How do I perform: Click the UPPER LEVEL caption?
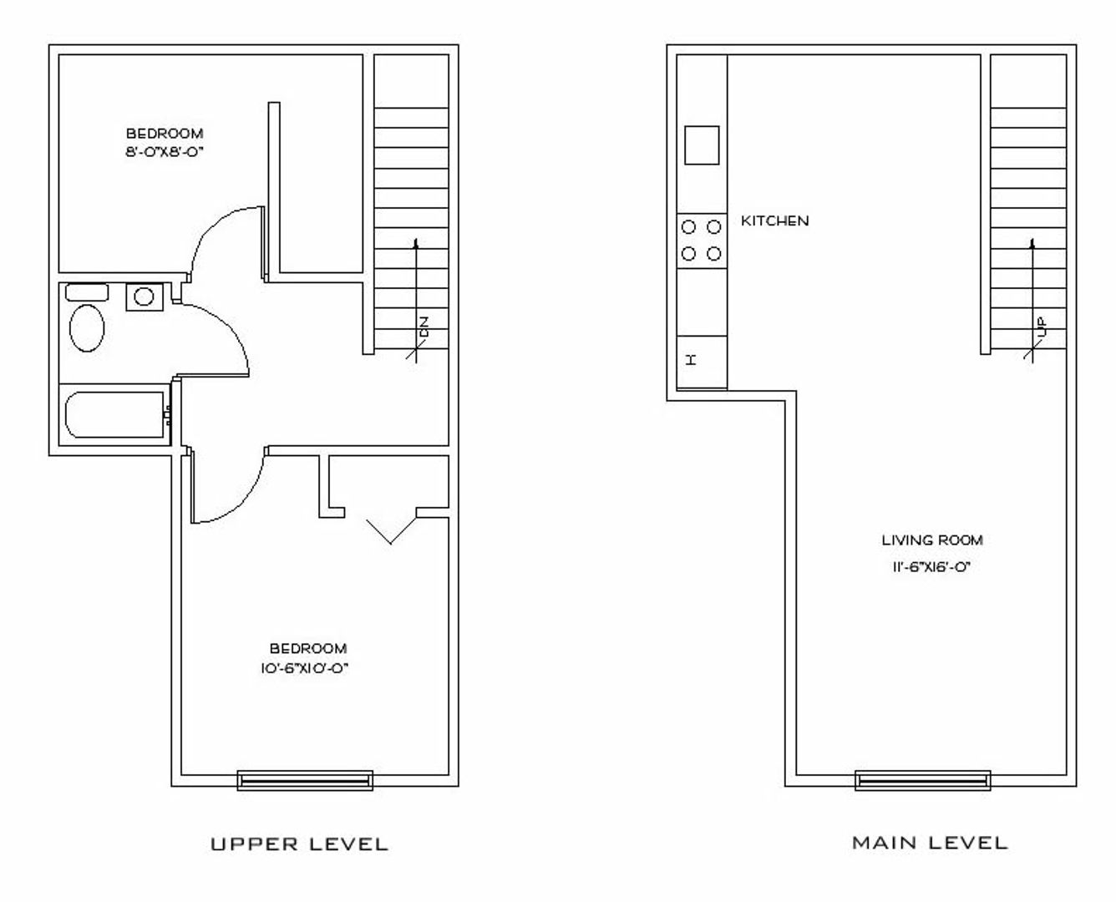pos(299,844)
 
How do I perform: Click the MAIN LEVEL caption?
pos(930,843)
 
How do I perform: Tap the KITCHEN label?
pos(774,221)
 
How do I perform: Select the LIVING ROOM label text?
pos(932,540)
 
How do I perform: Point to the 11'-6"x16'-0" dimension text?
pos(931,567)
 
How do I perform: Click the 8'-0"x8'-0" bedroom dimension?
pos(164,152)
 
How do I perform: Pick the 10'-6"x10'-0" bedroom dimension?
pos(304,668)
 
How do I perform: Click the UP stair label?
pos(1042,327)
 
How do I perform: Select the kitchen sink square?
pos(702,145)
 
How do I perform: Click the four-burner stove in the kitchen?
pos(702,241)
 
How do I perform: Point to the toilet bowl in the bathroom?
pos(87,328)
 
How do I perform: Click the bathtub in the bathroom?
pos(114,414)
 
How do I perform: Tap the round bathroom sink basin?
pos(144,296)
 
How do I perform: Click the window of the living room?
pos(923,780)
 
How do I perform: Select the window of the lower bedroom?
pos(305,780)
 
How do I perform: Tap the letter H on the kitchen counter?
pos(692,359)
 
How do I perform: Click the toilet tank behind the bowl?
pos(87,292)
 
